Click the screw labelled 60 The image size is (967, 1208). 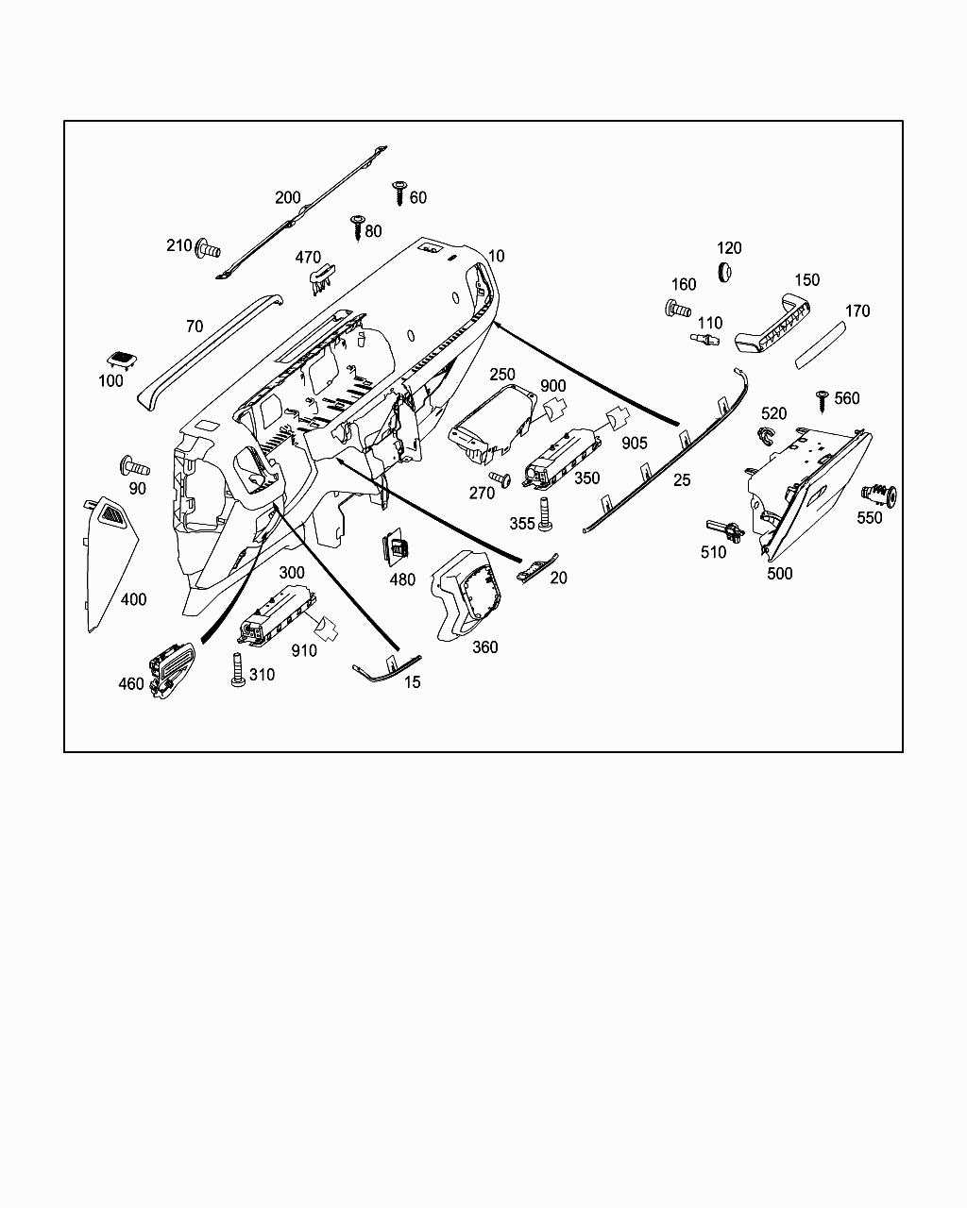point(399,193)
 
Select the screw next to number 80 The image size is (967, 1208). point(357,226)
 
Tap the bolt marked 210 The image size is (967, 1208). point(208,249)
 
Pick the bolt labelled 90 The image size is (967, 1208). point(133,466)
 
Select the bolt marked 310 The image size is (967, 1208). point(236,669)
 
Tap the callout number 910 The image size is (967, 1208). point(304,650)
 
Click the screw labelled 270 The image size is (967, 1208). point(500,480)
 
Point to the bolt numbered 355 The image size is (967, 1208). point(546,512)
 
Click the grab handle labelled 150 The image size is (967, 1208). point(772,324)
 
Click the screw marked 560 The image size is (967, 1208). point(822,399)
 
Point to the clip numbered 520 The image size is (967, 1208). point(765,435)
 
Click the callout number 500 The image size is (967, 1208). point(780,573)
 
